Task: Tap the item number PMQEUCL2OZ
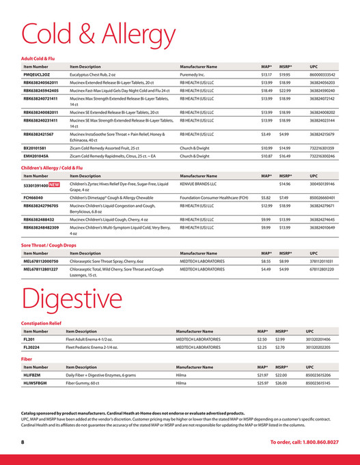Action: click(x=39, y=74)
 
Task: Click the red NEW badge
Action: click(x=53, y=184)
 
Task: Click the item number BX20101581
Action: click(x=38, y=147)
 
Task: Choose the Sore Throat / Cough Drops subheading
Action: click(x=50, y=244)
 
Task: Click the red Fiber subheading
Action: click(x=27, y=358)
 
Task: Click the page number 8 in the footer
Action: click(x=22, y=442)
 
